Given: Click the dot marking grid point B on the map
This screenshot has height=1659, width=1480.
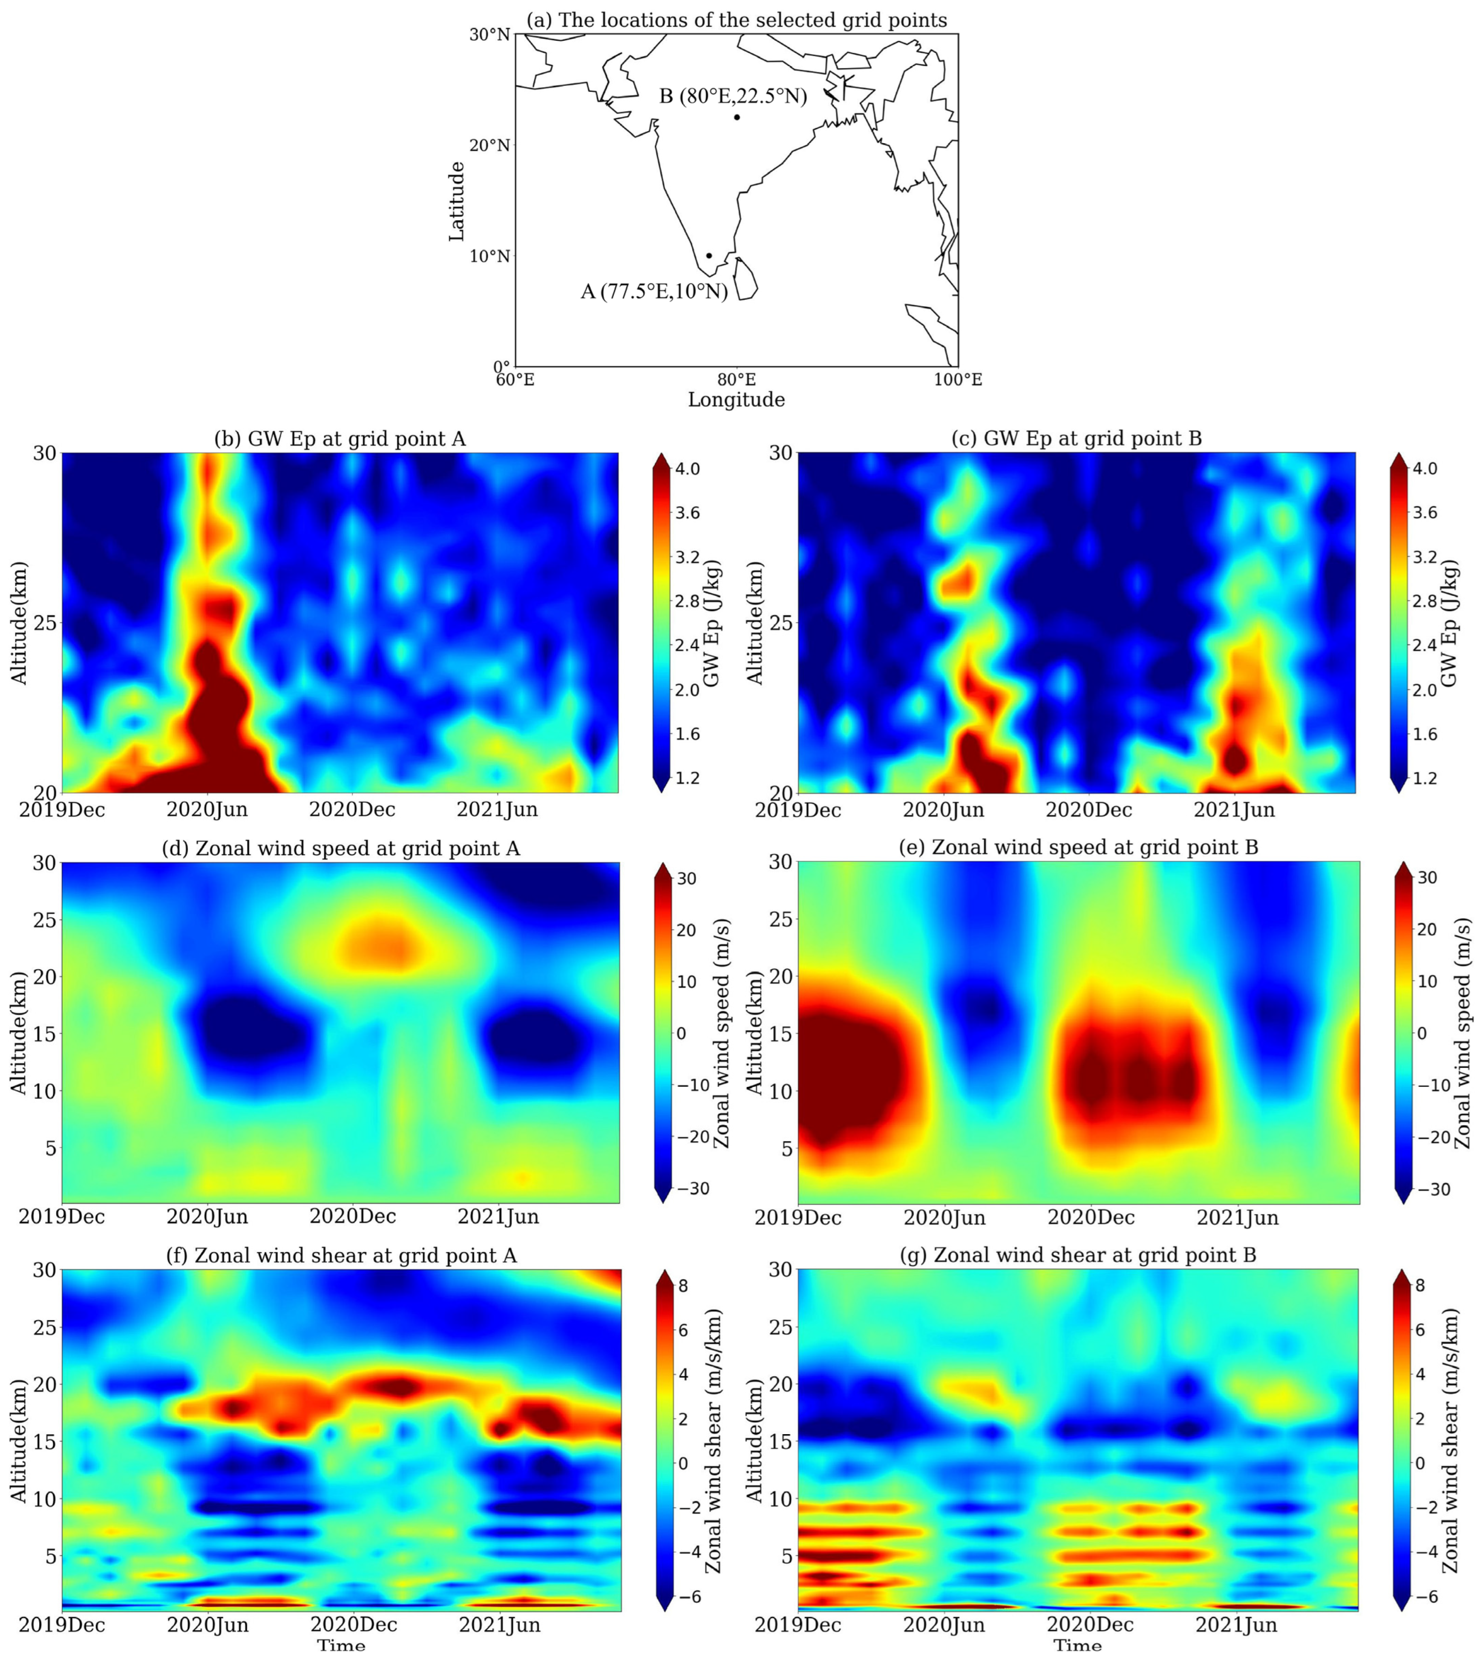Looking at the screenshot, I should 737,117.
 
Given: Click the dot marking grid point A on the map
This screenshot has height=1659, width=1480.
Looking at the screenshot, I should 709,255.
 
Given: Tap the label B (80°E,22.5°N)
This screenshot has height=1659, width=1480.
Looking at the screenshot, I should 733,97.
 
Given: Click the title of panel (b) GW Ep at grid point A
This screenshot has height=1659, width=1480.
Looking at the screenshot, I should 340,439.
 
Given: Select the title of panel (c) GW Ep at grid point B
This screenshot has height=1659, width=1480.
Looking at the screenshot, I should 1077,439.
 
